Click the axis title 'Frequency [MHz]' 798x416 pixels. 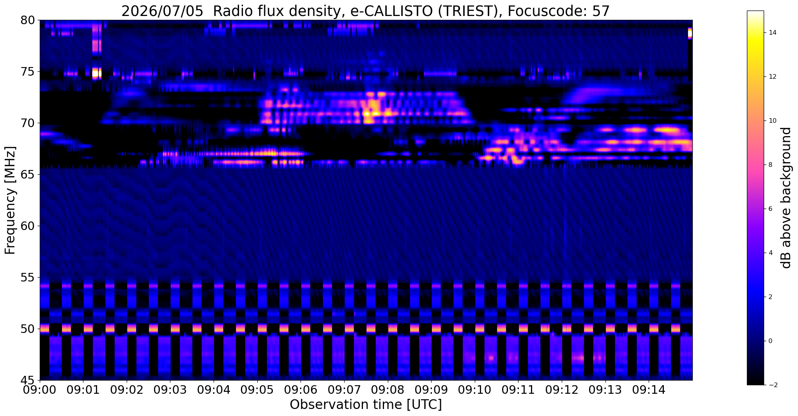[11, 200]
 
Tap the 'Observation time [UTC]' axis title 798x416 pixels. [366, 405]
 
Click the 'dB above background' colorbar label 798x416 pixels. [787, 198]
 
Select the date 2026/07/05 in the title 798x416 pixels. [162, 11]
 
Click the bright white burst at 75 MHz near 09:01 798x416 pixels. [96, 73]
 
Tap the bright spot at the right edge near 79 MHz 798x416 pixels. [690, 34]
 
